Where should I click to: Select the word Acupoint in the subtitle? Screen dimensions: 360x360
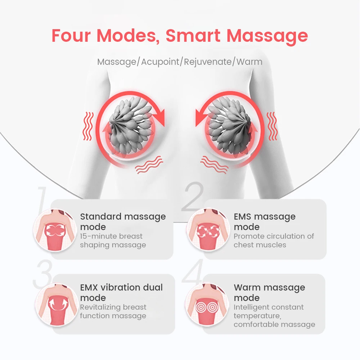(x=160, y=62)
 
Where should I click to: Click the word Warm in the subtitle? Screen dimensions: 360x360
(x=249, y=62)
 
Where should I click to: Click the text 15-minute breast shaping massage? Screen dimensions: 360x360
(x=113, y=240)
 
